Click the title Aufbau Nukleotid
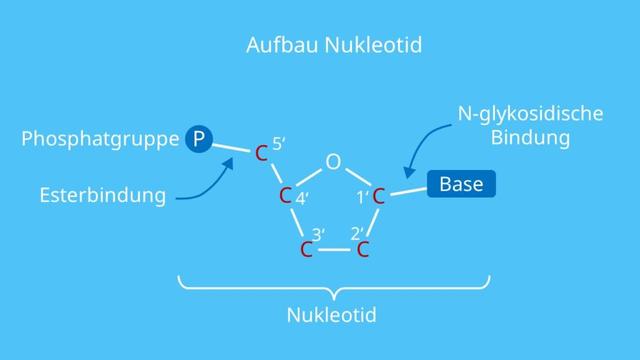tap(319, 46)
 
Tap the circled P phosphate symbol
tap(199, 139)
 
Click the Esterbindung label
tap(104, 195)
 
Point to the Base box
tap(461, 185)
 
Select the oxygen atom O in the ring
tap(333, 162)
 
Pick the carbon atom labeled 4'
tap(285, 195)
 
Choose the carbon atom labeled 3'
tap(308, 249)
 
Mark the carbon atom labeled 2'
tap(364, 249)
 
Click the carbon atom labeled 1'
tap(379, 195)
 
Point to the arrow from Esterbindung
tap(205, 189)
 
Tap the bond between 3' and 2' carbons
tap(336, 249)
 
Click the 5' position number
tap(279, 143)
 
